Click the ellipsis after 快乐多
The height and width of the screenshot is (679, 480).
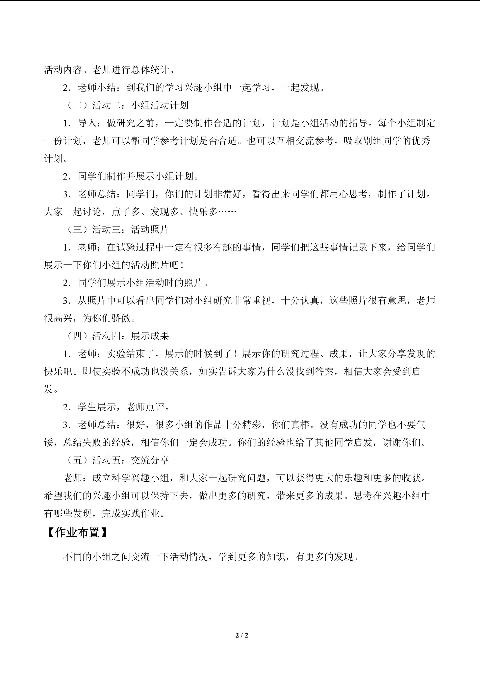227,212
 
